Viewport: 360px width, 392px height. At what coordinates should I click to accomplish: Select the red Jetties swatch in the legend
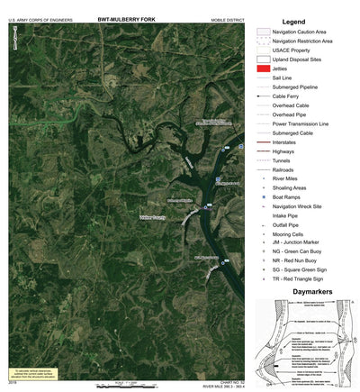coord(264,68)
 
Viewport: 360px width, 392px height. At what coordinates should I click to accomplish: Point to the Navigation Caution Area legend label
coord(304,32)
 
